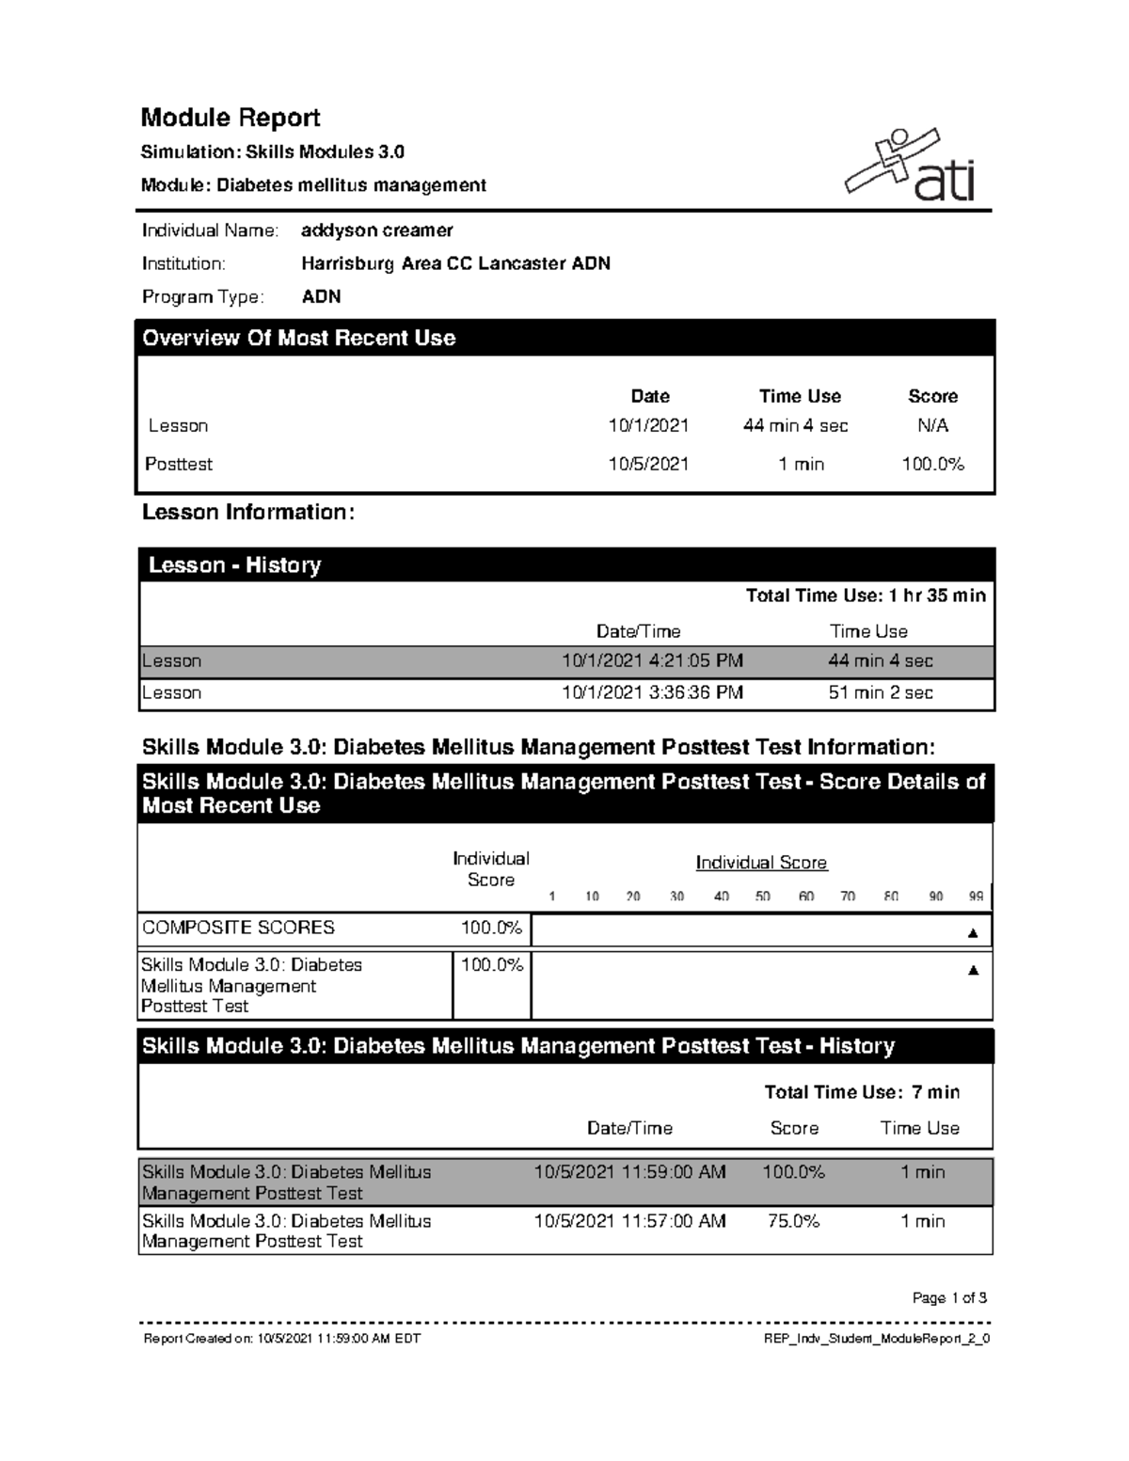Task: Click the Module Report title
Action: click(x=231, y=118)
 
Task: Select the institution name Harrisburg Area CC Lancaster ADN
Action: click(x=455, y=263)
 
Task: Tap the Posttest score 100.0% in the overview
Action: click(x=932, y=464)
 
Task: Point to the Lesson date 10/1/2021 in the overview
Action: click(x=648, y=425)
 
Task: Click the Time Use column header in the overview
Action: click(x=800, y=396)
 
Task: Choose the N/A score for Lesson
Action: click(x=932, y=425)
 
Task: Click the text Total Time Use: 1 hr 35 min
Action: click(x=866, y=596)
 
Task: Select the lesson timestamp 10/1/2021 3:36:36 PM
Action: click(x=652, y=692)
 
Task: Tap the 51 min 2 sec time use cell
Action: click(x=880, y=692)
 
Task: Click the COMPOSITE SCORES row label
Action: click(x=238, y=928)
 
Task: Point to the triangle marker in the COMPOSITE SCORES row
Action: click(x=973, y=933)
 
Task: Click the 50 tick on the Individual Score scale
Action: click(x=762, y=897)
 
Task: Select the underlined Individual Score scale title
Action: click(x=761, y=863)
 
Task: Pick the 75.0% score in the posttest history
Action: click(x=793, y=1221)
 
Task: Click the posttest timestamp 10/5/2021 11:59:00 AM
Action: click(x=629, y=1172)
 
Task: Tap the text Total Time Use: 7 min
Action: click(x=862, y=1092)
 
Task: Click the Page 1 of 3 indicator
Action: click(x=949, y=1298)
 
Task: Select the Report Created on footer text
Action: click(x=281, y=1339)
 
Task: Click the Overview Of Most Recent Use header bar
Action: click(x=564, y=339)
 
